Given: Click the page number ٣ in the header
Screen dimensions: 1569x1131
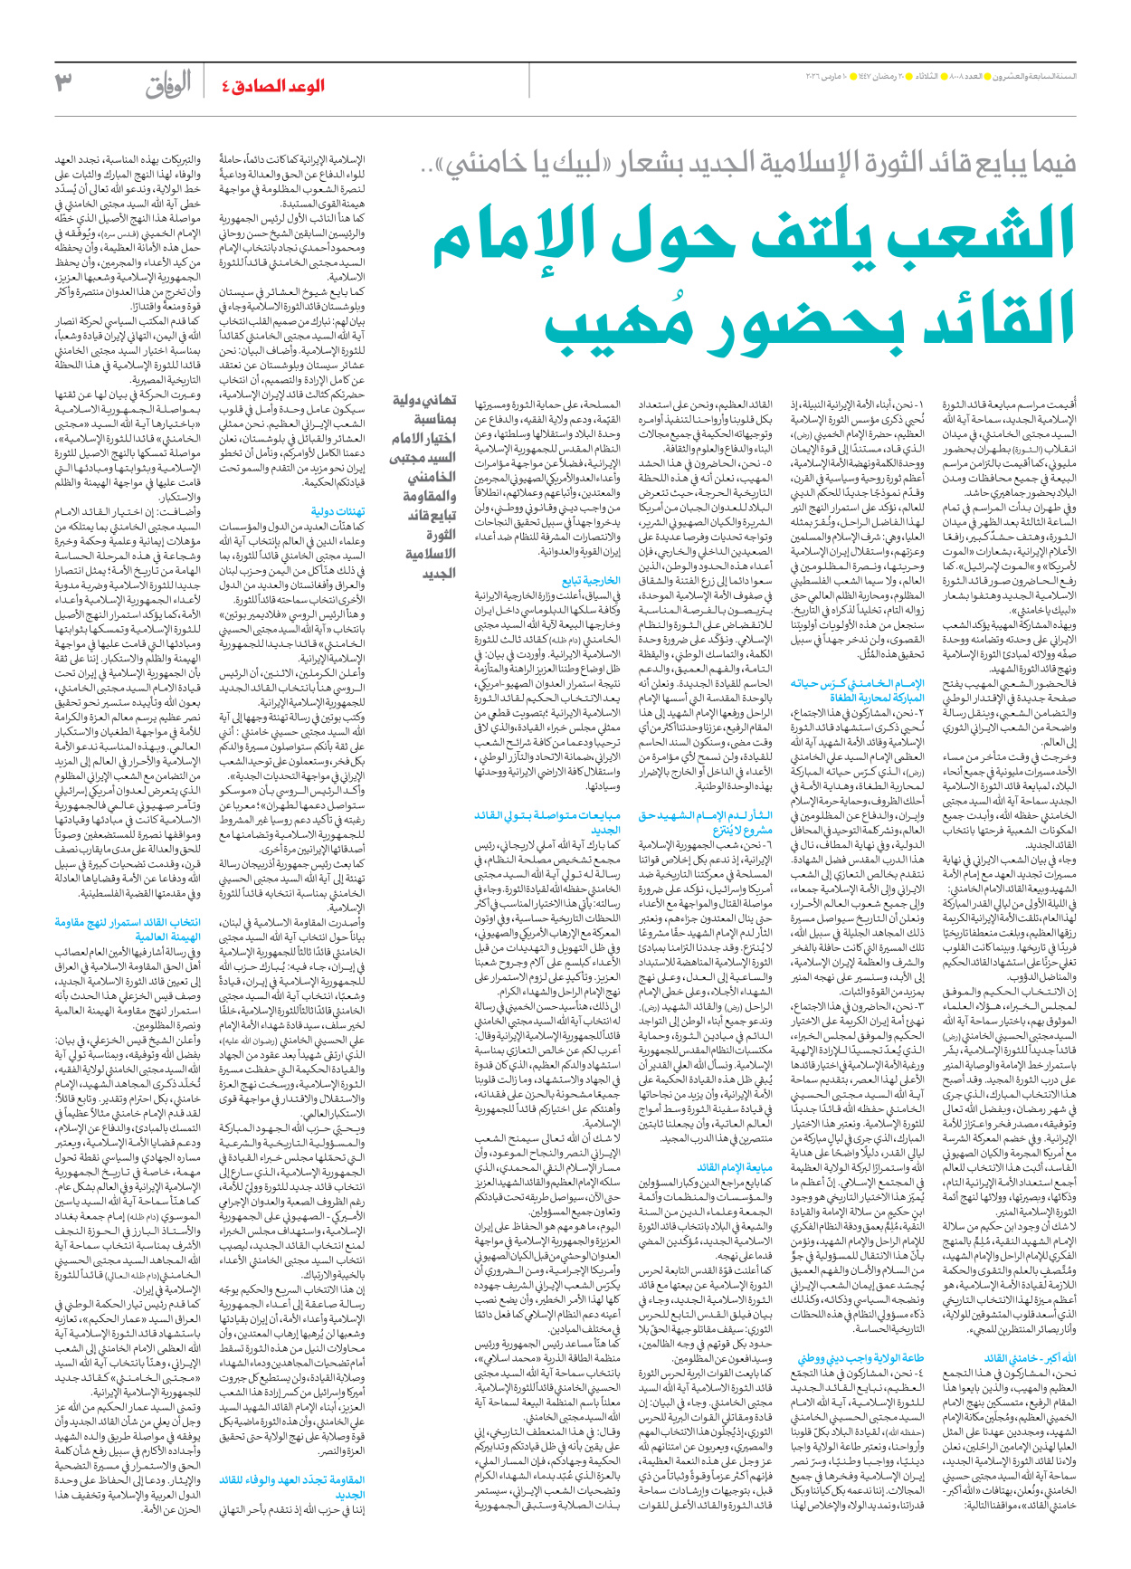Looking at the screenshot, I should click(x=63, y=83).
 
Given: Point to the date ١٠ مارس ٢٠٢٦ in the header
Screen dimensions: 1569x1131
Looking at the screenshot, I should click(x=832, y=76).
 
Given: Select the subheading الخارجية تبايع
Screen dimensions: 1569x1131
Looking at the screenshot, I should click(x=591, y=581).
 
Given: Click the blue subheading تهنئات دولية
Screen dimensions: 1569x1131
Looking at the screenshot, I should click(x=337, y=512).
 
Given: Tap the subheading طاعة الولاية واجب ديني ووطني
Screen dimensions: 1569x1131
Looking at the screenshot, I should click(x=860, y=1358).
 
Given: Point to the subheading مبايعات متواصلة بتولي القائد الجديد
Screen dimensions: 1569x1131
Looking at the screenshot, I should click(x=547, y=823).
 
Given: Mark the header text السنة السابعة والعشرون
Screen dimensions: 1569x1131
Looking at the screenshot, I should click(x=1041, y=76).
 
